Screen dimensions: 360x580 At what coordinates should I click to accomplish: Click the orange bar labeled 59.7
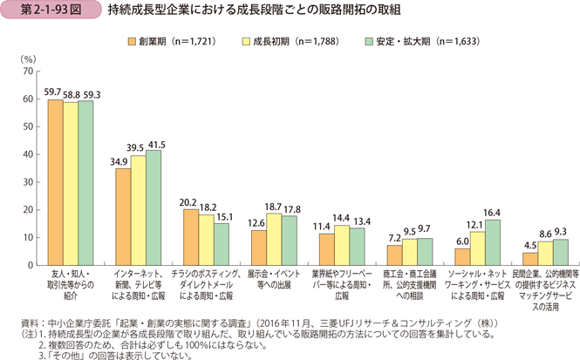(x=55, y=182)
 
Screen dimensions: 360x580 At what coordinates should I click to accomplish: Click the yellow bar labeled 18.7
(x=273, y=239)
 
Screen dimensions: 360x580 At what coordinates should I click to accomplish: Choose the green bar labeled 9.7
(x=425, y=251)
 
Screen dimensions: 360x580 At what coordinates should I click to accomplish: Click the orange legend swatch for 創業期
(x=131, y=40)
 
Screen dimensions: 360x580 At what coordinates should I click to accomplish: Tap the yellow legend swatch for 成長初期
(x=247, y=40)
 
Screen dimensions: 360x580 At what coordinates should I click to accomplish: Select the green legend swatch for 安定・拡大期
(x=370, y=40)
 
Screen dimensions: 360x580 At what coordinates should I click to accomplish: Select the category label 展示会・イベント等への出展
(x=272, y=280)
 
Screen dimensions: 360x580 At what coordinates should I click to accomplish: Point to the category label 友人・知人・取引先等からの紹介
(x=71, y=280)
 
